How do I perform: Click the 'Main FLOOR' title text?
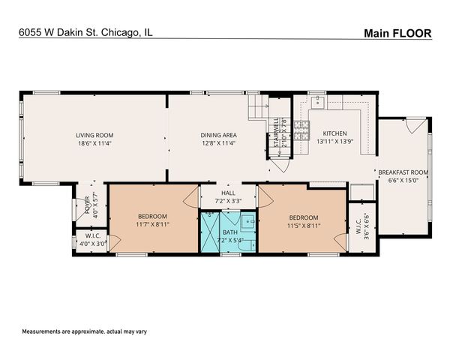[397, 32]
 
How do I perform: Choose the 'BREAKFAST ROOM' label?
[403, 172]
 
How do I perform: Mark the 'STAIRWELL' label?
[276, 130]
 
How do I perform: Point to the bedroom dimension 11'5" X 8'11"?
[304, 223]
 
